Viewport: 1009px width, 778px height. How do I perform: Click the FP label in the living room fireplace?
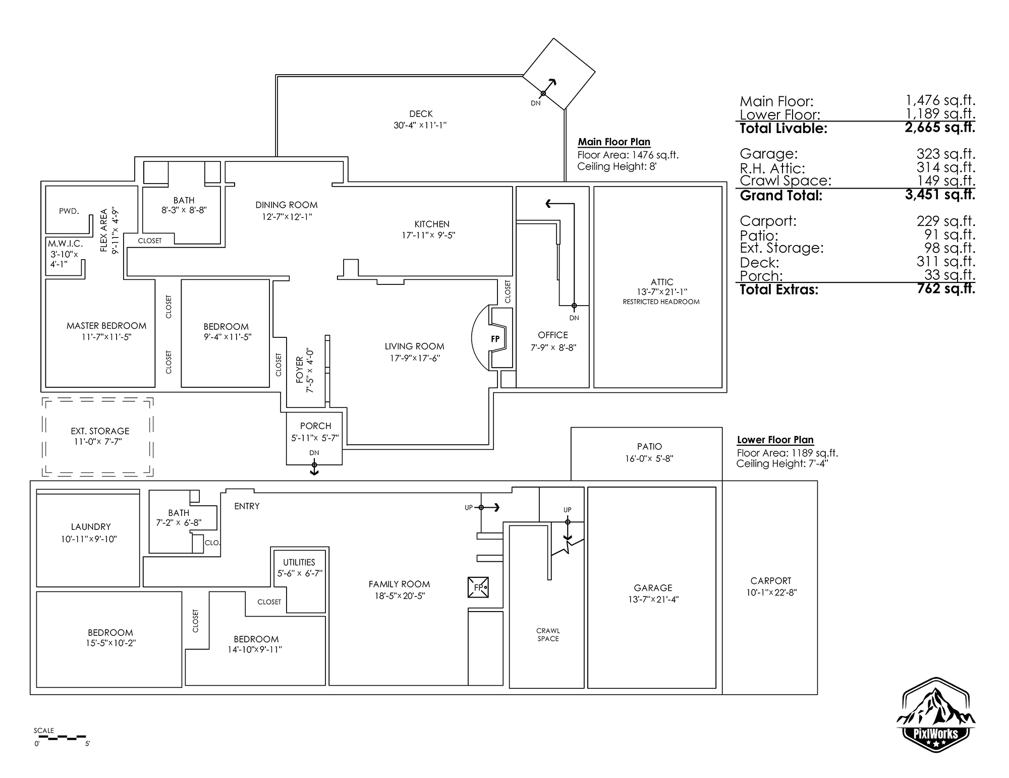[495, 339]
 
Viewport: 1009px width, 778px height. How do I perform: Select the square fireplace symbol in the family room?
[478, 587]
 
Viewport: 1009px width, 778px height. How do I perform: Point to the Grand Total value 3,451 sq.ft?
[940, 195]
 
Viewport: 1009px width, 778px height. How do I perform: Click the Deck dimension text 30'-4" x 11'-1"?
[420, 125]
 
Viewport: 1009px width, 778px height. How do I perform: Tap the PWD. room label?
[69, 211]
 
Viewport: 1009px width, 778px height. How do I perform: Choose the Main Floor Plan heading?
[614, 142]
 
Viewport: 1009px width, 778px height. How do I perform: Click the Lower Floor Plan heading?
[775, 440]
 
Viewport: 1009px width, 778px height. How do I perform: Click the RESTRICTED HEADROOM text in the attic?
[661, 302]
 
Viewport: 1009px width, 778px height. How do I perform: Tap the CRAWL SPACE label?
[548, 634]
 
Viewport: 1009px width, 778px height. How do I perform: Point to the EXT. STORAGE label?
[100, 431]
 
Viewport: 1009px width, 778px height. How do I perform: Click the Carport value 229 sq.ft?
[945, 221]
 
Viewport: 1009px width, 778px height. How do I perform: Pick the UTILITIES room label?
[299, 562]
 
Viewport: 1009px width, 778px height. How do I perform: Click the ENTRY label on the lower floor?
[247, 506]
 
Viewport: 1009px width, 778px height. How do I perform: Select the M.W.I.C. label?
[65, 244]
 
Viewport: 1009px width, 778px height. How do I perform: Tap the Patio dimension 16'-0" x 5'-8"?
[649, 459]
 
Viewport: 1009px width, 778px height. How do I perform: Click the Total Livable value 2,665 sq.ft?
[940, 128]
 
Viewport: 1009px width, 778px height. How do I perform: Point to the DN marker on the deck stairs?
[536, 103]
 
